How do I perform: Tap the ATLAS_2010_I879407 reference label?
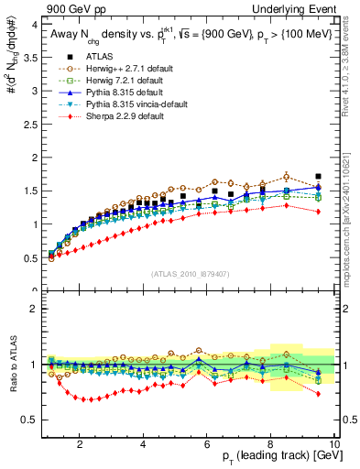point(189,275)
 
